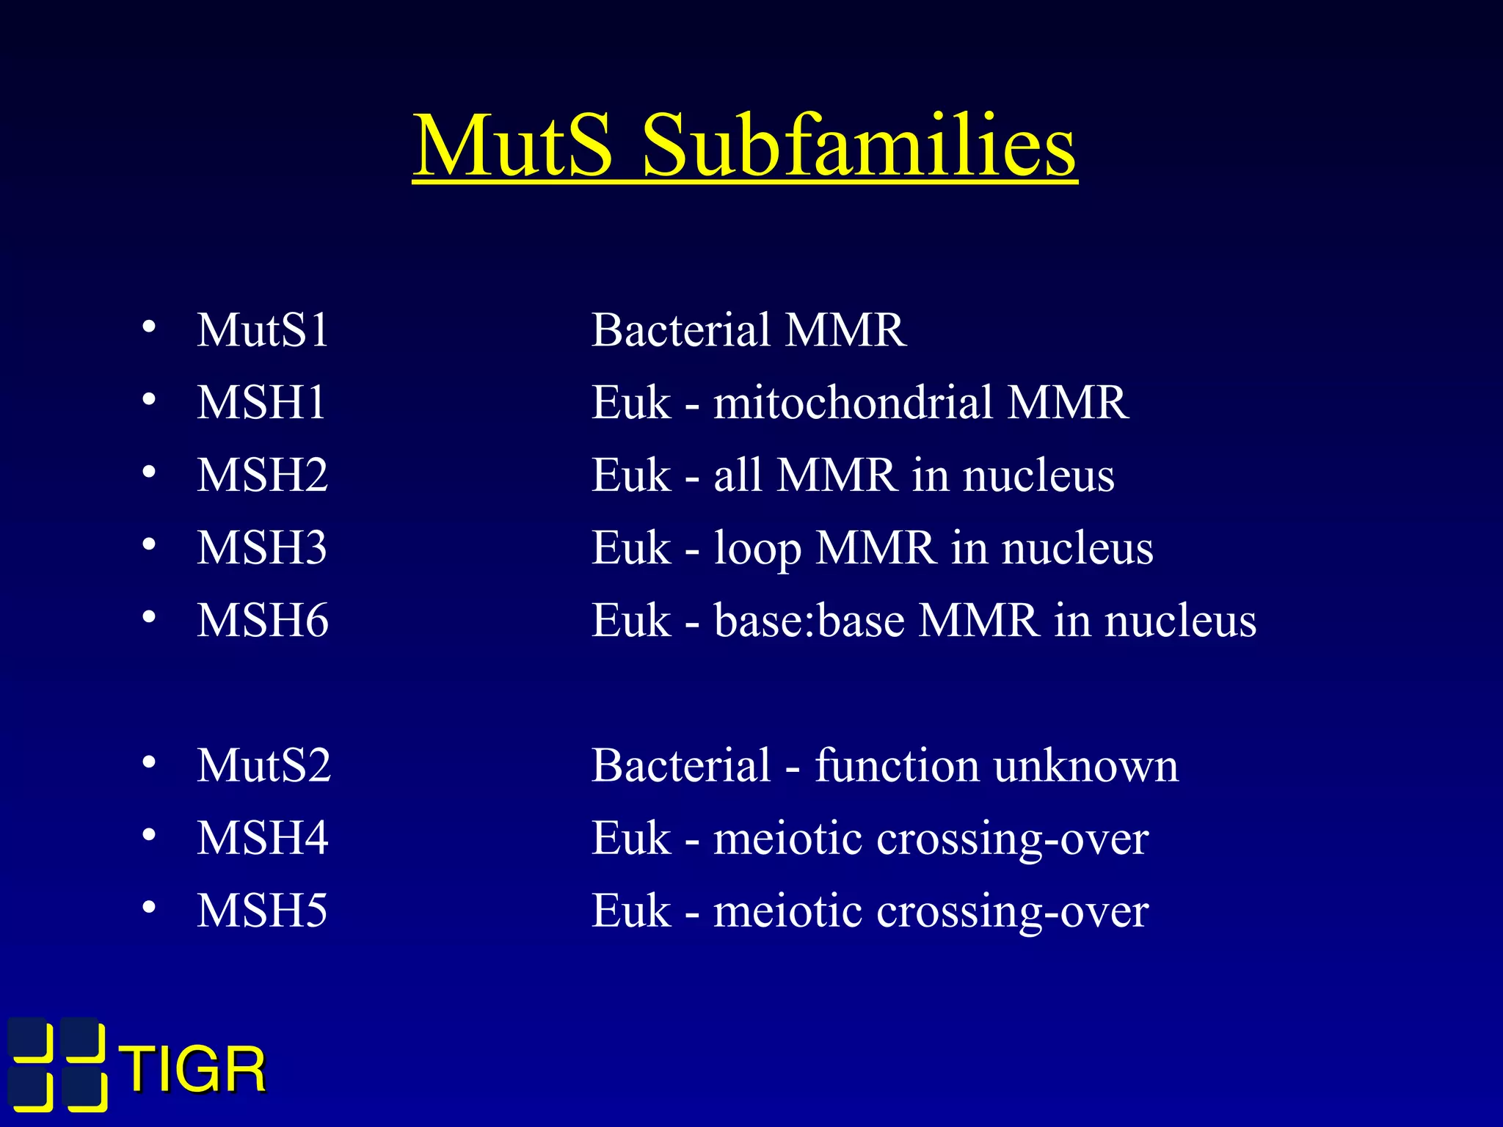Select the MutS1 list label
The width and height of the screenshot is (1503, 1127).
(263, 329)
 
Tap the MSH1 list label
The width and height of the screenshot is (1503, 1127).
(261, 402)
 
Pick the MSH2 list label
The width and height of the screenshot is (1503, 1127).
(262, 475)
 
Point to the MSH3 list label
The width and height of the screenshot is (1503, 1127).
(262, 547)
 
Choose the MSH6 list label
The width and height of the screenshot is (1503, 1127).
(262, 620)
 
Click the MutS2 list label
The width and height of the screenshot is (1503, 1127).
(263, 765)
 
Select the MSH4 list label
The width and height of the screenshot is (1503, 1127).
(262, 838)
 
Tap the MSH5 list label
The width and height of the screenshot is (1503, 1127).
(261, 911)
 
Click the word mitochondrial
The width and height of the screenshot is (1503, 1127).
(852, 402)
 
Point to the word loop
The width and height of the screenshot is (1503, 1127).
(757, 549)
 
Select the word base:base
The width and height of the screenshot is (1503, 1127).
(809, 620)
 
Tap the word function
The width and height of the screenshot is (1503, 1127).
(896, 765)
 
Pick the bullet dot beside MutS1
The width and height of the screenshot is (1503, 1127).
(149, 327)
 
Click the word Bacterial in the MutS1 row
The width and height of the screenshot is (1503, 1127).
(681, 329)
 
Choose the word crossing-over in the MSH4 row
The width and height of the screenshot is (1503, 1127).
(1013, 838)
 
